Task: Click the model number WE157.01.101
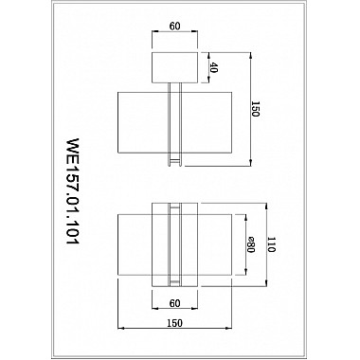pos(72,191)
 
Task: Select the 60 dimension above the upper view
pos(174,27)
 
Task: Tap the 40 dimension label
pos(214,68)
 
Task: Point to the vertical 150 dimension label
pos(255,109)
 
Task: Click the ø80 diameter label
pos(250,244)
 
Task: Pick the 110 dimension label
pos(271,244)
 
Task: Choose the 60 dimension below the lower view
pos(174,303)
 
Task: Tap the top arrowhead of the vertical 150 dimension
pos(250,56)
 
